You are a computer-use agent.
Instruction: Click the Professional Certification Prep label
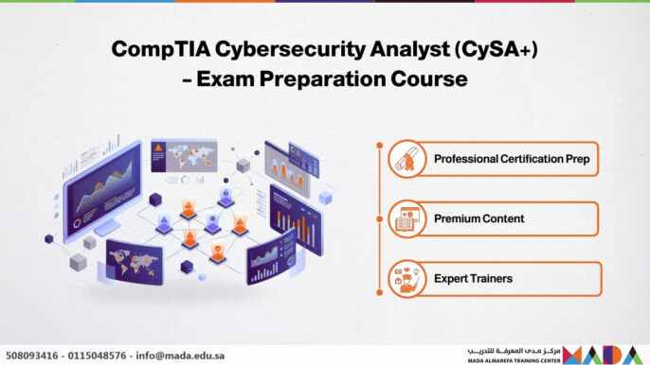[x=512, y=159]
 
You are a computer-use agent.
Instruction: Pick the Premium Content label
[x=478, y=218]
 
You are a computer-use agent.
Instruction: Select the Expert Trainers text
[x=473, y=279]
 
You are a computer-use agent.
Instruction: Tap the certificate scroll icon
[x=407, y=159]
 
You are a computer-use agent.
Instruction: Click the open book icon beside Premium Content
[x=407, y=219]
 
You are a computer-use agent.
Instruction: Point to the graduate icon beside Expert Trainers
[x=407, y=279]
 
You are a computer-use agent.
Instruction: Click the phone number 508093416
[x=31, y=356]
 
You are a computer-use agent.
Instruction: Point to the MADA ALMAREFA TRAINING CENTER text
[x=512, y=360]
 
